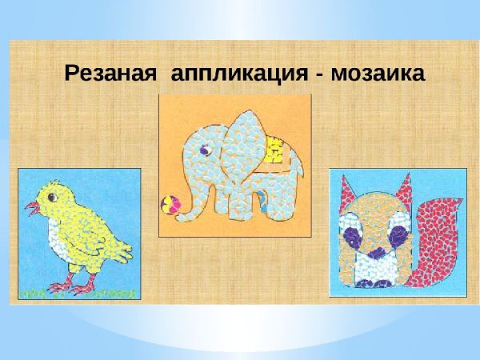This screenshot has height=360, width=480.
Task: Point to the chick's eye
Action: [x=52, y=196]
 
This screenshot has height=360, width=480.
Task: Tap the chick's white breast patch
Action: [x=57, y=235]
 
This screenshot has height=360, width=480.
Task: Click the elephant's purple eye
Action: [x=204, y=149]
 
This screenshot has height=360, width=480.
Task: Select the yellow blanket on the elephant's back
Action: [x=274, y=151]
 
